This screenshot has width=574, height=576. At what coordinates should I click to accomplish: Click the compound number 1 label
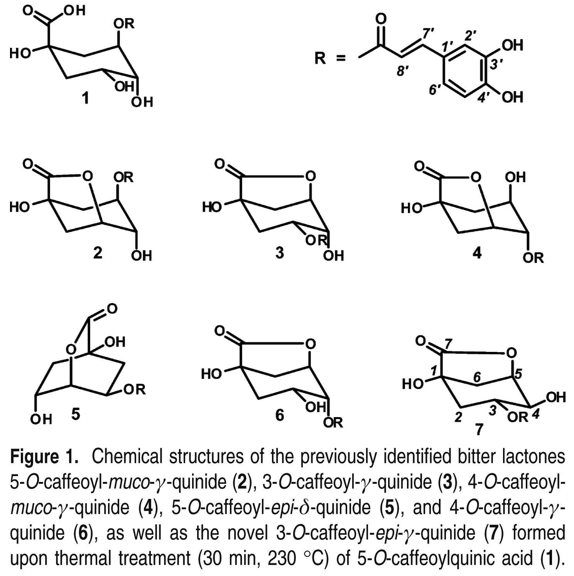click(85, 98)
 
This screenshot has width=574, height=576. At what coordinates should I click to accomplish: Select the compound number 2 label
click(98, 253)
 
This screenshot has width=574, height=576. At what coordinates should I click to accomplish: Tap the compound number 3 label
click(280, 253)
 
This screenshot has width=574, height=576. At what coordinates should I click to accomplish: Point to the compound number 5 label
click(76, 415)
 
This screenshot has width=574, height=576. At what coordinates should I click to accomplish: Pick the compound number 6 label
click(280, 415)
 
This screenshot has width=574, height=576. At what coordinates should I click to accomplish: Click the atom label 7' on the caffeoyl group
click(427, 34)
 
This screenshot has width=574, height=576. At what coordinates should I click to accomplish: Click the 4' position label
click(485, 97)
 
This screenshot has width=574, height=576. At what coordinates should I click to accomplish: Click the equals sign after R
click(341, 59)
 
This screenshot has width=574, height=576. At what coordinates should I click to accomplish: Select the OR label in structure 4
click(533, 257)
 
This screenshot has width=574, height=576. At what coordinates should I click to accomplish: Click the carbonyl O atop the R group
click(380, 18)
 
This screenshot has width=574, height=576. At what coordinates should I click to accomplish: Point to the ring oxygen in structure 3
click(310, 177)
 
